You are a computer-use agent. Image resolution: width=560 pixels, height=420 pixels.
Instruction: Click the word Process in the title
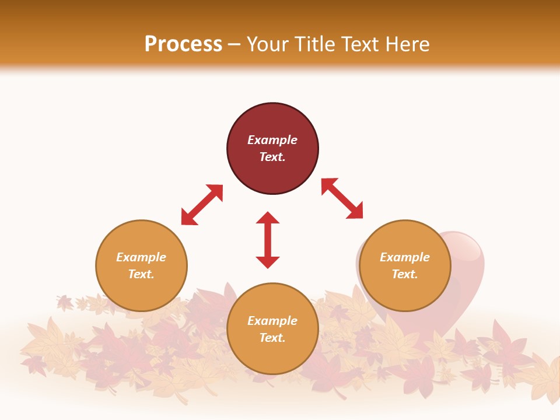click(183, 44)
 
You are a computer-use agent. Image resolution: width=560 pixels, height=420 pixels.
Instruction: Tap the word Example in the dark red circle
click(272, 140)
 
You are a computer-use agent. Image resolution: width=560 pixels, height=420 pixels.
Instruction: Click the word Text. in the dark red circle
click(272, 157)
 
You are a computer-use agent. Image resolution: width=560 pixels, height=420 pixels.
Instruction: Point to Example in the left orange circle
click(141, 257)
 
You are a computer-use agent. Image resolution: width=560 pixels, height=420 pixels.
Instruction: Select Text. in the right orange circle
click(405, 274)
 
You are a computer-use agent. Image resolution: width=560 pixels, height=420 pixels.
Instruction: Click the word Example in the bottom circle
click(272, 321)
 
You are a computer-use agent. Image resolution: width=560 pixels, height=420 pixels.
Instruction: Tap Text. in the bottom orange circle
click(272, 338)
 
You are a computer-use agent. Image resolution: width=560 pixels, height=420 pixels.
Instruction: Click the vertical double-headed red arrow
click(268, 240)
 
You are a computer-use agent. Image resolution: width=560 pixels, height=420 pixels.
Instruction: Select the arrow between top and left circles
click(202, 205)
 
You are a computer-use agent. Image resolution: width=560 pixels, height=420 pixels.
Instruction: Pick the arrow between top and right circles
click(342, 198)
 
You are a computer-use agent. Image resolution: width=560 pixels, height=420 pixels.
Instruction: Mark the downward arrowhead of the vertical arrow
click(268, 262)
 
